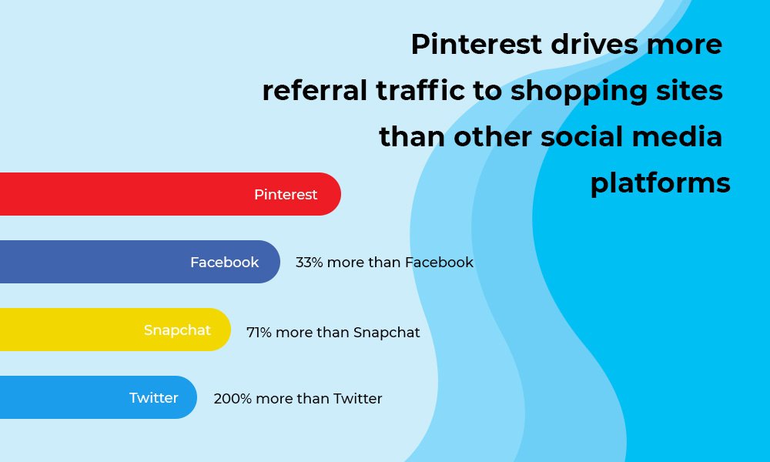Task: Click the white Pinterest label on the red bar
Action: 286,195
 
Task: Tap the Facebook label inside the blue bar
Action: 225,263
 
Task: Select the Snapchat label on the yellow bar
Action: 177,330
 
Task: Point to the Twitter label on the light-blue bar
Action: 154,398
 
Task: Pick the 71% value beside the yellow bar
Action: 259,333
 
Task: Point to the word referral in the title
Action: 315,91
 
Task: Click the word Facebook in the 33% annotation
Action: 439,263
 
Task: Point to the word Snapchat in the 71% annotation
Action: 387,333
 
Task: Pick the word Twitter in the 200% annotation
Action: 357,399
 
